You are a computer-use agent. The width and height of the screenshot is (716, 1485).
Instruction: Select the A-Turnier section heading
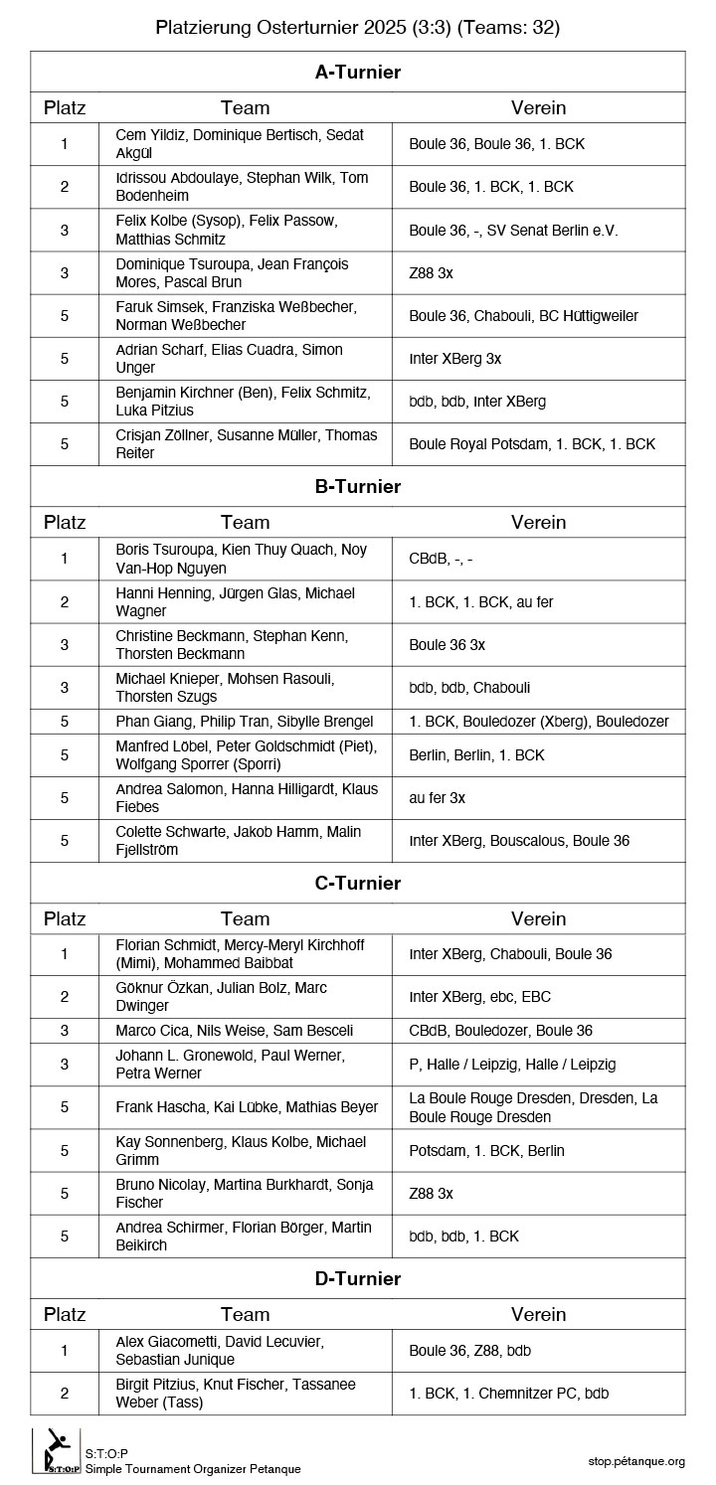357,72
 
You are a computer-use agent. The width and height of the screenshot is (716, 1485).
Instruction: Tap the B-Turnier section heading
357,486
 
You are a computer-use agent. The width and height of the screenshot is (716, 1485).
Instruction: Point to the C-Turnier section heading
357,883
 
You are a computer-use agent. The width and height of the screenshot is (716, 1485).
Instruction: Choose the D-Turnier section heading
357,1278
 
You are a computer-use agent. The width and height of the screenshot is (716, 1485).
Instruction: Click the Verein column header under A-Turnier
538,107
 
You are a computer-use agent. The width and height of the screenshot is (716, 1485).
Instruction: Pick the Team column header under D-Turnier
245,1314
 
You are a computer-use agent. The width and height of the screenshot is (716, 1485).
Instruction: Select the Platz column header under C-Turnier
65,918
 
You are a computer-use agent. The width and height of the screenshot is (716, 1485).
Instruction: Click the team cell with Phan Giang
244,722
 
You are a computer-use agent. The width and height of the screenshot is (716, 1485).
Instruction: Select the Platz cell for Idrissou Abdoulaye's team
65,186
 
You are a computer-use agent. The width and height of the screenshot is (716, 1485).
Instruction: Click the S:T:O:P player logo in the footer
58,1449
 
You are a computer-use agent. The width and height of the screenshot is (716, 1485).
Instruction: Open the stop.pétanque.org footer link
636,1460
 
